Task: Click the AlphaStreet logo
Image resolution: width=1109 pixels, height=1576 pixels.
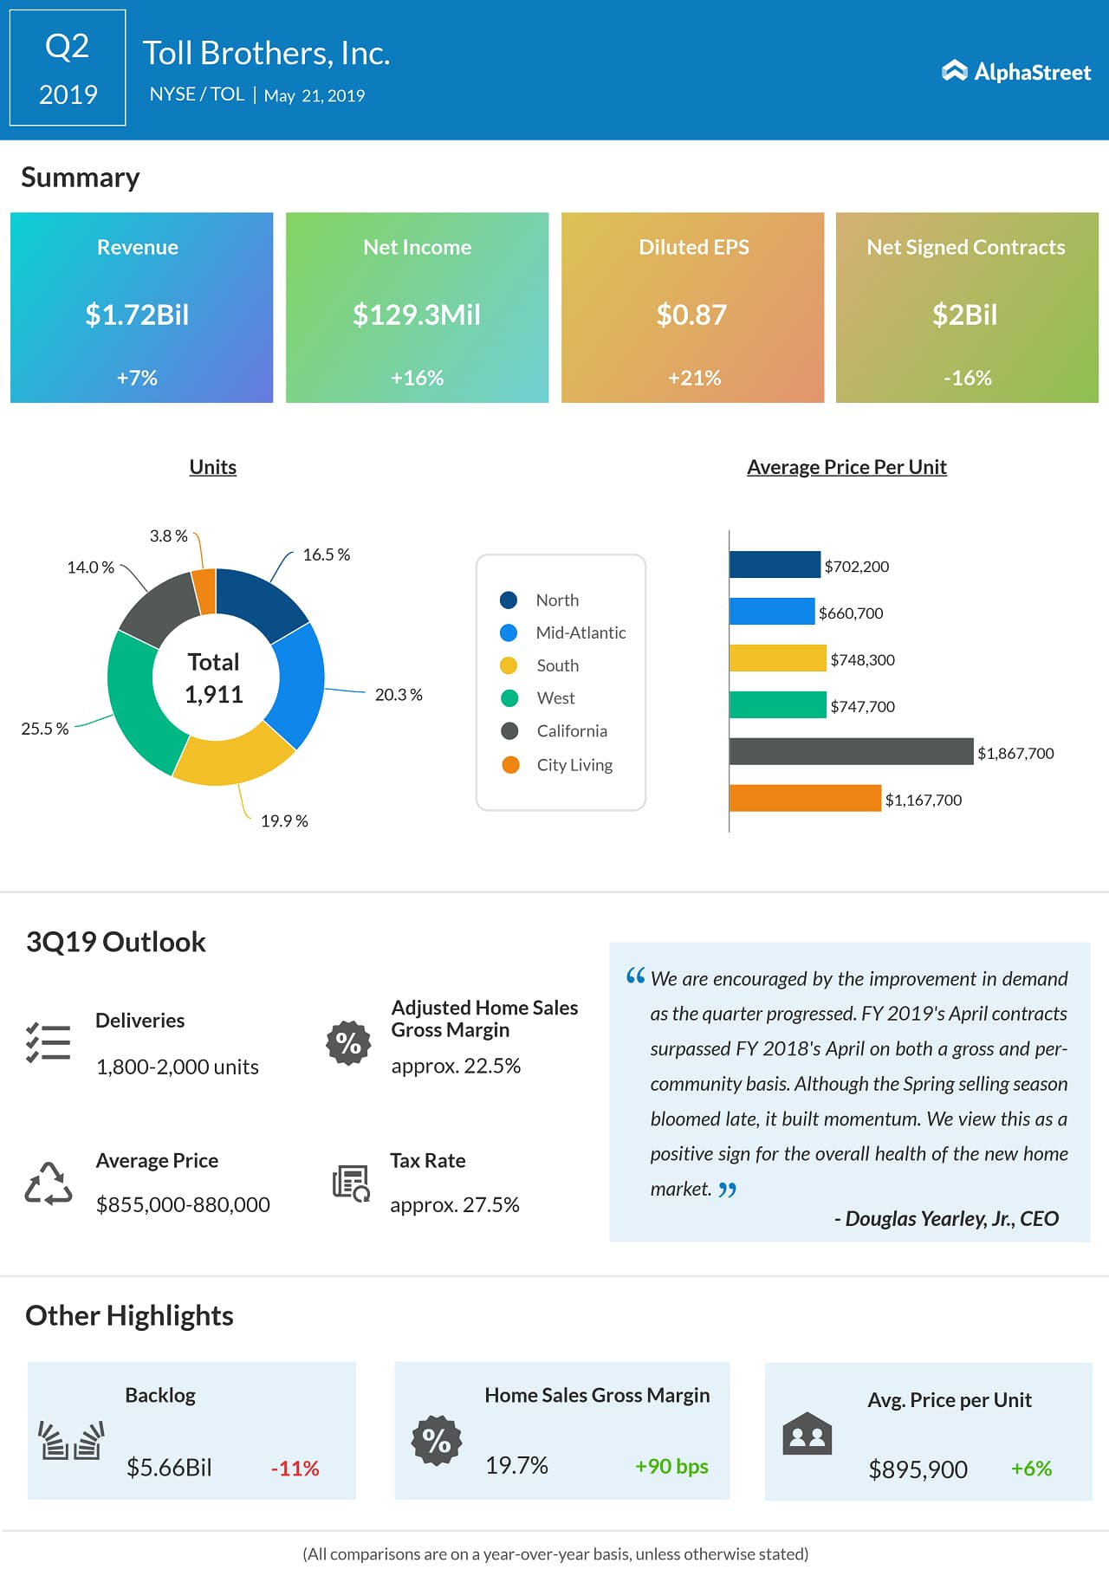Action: [x=1015, y=72]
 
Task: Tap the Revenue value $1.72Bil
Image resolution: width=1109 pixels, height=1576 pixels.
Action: [x=137, y=315]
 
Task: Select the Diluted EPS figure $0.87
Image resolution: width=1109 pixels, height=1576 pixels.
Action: [x=691, y=315]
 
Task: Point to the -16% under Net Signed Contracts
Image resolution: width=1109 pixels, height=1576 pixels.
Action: [x=967, y=378]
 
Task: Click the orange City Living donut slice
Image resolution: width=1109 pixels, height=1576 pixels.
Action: [x=204, y=591]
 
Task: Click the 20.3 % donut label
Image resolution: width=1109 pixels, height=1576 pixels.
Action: [x=399, y=695]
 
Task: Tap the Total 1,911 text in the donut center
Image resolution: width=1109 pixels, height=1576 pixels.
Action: [x=214, y=678]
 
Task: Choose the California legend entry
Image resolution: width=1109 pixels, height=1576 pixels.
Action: [x=571, y=731]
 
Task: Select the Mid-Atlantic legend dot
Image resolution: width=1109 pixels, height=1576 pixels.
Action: [x=509, y=632]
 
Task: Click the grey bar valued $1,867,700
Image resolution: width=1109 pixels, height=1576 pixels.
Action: [x=851, y=751]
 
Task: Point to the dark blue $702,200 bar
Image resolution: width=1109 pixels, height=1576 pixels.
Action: [x=775, y=565]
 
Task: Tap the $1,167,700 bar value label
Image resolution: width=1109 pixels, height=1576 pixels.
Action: [x=924, y=801]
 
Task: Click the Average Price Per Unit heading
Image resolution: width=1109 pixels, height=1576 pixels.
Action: [x=846, y=467]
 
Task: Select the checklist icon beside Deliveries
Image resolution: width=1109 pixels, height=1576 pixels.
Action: [x=49, y=1042]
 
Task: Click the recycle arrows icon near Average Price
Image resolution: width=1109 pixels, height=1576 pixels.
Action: [x=49, y=1183]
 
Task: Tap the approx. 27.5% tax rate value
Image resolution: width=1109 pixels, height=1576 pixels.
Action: [x=455, y=1205]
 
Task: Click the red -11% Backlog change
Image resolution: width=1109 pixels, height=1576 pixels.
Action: [x=295, y=1469]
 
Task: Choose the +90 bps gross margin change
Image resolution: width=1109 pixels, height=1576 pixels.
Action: [x=671, y=1466]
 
